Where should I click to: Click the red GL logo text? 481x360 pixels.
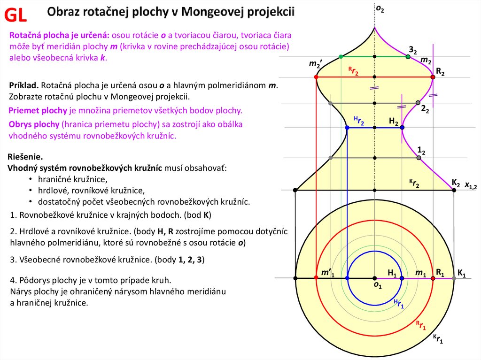pos(16,15)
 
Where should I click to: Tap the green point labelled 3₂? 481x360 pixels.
pos(408,57)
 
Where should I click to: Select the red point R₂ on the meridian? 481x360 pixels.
pos(433,77)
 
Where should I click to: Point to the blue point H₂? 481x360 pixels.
pos(402,128)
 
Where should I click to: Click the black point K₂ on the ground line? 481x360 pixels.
pos(454,190)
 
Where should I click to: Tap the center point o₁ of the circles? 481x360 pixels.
pos(374,278)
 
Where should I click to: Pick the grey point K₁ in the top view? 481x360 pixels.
pos(454,278)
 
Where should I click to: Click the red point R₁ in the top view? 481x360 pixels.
pos(433,278)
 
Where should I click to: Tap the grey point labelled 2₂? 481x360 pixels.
pos(418,103)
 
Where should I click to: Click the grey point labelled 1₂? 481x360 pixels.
pos(419,158)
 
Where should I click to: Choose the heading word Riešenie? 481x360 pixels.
pos(26,157)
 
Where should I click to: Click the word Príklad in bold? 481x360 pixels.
pos(24,86)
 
